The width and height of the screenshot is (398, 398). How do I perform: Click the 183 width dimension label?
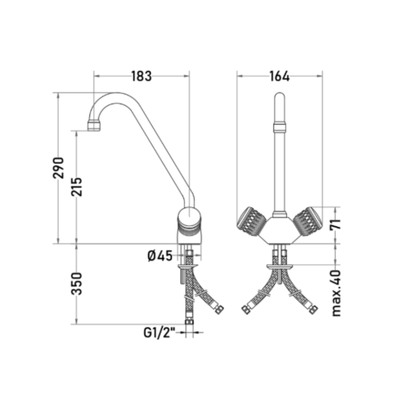[x=142, y=76]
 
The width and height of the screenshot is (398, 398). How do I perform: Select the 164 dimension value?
[x=279, y=76]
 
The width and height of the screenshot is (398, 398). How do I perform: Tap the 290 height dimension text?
[x=58, y=168]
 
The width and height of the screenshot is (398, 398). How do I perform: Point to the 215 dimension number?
[x=77, y=187]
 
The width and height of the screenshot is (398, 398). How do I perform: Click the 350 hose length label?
[x=77, y=283]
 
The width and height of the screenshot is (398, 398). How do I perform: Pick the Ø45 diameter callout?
[x=160, y=256]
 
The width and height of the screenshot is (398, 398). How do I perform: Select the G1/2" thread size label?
[x=160, y=332]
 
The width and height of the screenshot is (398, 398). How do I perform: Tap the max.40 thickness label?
[x=336, y=293]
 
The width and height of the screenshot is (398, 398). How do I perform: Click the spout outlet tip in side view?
[x=94, y=126]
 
